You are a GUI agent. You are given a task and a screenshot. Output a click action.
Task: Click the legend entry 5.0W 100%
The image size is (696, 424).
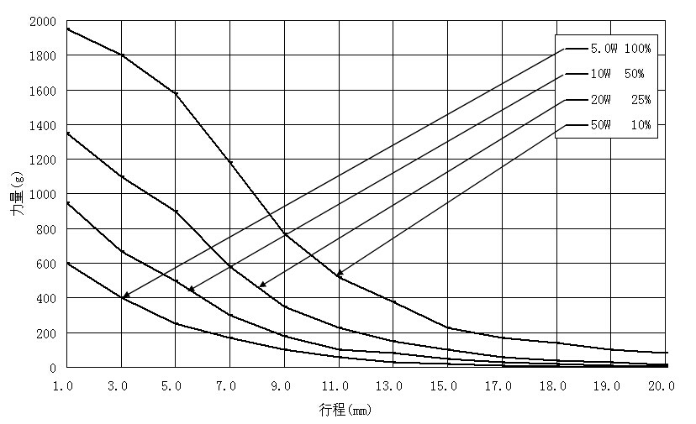pyautogui.click(x=620, y=49)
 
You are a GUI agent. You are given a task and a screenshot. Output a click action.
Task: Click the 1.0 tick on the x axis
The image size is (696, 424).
pyautogui.click(x=67, y=386)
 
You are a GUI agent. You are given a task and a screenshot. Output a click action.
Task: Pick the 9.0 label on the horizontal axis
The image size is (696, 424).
pyautogui.click(x=284, y=386)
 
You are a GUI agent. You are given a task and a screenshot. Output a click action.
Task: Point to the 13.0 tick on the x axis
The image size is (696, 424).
pyautogui.click(x=390, y=386)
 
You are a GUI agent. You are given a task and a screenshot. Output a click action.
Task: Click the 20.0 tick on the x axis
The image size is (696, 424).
pyautogui.click(x=662, y=386)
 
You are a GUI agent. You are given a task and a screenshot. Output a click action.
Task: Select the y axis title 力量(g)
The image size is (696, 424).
pyautogui.click(x=17, y=195)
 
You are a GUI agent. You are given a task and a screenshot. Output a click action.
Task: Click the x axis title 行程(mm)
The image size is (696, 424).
pyautogui.click(x=345, y=411)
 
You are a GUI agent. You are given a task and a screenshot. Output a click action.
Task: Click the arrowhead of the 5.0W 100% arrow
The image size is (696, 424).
pyautogui.click(x=124, y=296)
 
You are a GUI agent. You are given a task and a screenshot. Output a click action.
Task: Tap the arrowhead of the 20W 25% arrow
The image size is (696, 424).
pyautogui.click(x=261, y=285)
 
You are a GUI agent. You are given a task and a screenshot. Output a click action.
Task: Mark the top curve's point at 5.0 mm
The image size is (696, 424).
pyautogui.click(x=176, y=93)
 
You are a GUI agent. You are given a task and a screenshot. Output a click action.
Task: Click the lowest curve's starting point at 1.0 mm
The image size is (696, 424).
pyautogui.click(x=67, y=264)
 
